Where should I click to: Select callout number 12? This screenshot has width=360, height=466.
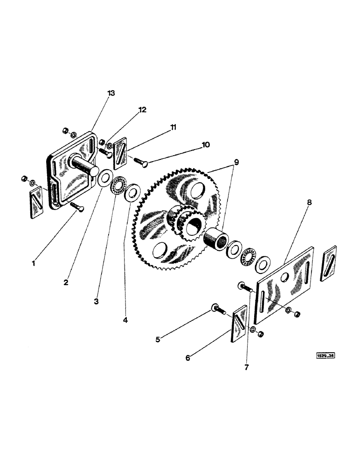pos(142,110)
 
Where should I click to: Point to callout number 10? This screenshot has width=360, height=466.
pos(205,145)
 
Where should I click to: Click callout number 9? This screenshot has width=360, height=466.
pos(237,164)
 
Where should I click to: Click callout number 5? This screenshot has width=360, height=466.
pos(158,340)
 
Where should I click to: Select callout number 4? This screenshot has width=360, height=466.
pos(125,320)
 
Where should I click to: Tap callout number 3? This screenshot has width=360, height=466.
pos(96,302)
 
